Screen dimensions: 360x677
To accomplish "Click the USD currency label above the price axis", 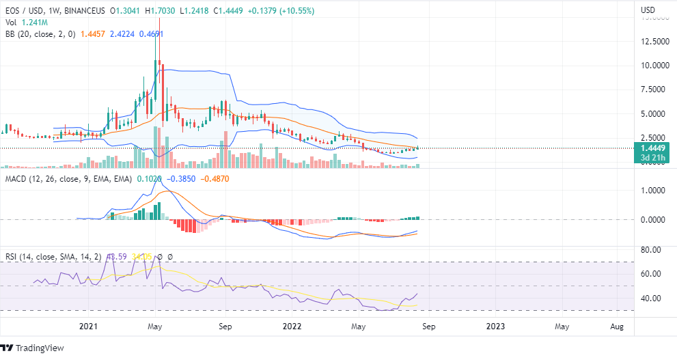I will [x=648, y=10].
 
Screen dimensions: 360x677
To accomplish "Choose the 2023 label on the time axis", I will [x=496, y=327].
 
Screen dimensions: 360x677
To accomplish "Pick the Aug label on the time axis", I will [x=617, y=327].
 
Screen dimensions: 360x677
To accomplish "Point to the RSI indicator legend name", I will [x=13, y=257].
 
